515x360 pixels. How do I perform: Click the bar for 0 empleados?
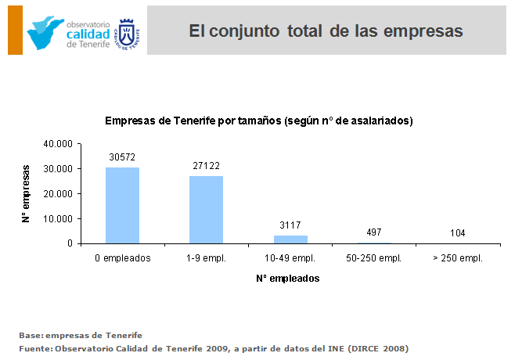click(122, 205)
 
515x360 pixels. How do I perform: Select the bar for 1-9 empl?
click(206, 210)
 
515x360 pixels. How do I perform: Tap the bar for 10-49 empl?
click(290, 239)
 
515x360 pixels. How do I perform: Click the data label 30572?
click(122, 157)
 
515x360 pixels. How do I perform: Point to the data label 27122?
click(207, 166)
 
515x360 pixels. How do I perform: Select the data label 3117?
click(290, 225)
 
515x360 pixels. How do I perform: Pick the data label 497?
click(374, 232)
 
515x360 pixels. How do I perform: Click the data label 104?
click(458, 233)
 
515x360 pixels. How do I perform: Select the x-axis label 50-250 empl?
click(374, 257)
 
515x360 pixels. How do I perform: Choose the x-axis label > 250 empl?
click(458, 257)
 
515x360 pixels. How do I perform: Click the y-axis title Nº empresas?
click(25, 193)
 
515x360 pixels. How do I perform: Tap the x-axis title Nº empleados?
click(288, 278)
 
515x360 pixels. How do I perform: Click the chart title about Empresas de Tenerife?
click(259, 121)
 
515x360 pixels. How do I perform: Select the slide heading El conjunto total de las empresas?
click(326, 31)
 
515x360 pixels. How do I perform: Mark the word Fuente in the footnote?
click(34, 348)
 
